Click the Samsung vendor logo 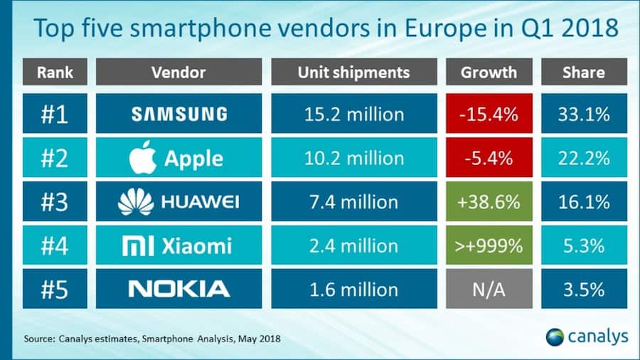178,114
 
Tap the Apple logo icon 143,157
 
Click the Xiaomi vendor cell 178,245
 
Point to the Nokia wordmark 178,289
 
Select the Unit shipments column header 354,73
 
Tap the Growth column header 489,73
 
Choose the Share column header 584,73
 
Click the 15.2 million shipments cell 354,114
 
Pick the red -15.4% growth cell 489,114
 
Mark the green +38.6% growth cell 489,202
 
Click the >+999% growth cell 489,245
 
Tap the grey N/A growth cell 489,289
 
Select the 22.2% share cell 584,158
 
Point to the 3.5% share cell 584,289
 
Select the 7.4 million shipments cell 354,202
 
